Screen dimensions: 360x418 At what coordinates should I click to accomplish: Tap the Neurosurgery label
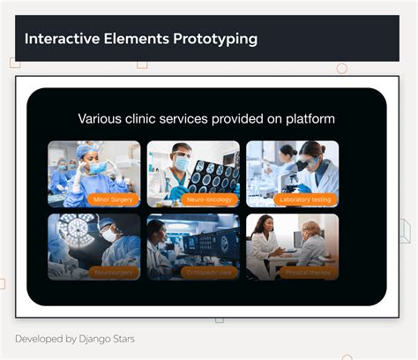(114, 273)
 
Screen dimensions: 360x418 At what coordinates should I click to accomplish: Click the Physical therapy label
(308, 273)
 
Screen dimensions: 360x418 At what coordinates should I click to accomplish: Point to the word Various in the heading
(101, 118)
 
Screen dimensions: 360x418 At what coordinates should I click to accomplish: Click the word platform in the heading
(308, 118)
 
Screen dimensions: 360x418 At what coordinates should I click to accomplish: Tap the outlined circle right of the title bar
(342, 69)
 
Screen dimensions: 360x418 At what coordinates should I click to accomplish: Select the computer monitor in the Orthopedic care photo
(220, 240)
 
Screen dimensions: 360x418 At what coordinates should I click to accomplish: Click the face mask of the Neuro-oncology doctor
(181, 164)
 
